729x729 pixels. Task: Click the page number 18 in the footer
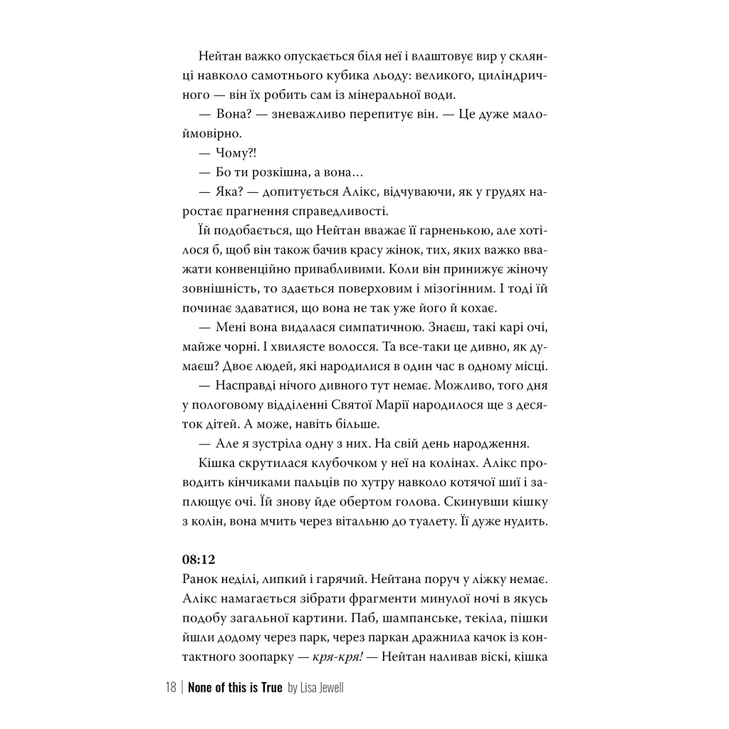coord(170,688)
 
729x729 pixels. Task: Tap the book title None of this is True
coord(235,688)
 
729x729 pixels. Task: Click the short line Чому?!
coord(236,152)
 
